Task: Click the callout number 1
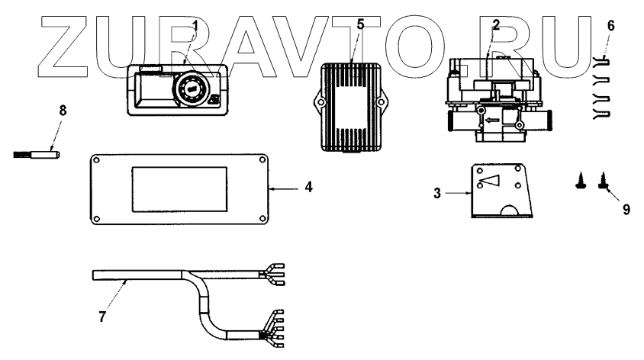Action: click(x=195, y=25)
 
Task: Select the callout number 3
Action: click(x=438, y=194)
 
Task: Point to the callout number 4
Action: click(x=308, y=185)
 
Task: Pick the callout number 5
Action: click(x=360, y=24)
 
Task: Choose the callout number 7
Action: click(x=101, y=314)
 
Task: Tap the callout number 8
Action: click(x=63, y=110)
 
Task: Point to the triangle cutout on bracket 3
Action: click(x=491, y=181)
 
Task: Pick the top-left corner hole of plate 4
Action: click(x=98, y=161)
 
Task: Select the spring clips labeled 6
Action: click(x=601, y=90)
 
